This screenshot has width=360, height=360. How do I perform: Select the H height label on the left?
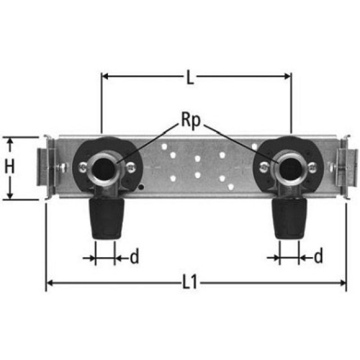[x=10, y=167]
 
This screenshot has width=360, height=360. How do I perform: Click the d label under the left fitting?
[x=134, y=258]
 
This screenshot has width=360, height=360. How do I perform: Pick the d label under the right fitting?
[x=318, y=258]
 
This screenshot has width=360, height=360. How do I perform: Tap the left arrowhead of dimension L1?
[x=49, y=282]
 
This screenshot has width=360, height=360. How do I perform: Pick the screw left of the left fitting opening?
[x=83, y=166]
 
